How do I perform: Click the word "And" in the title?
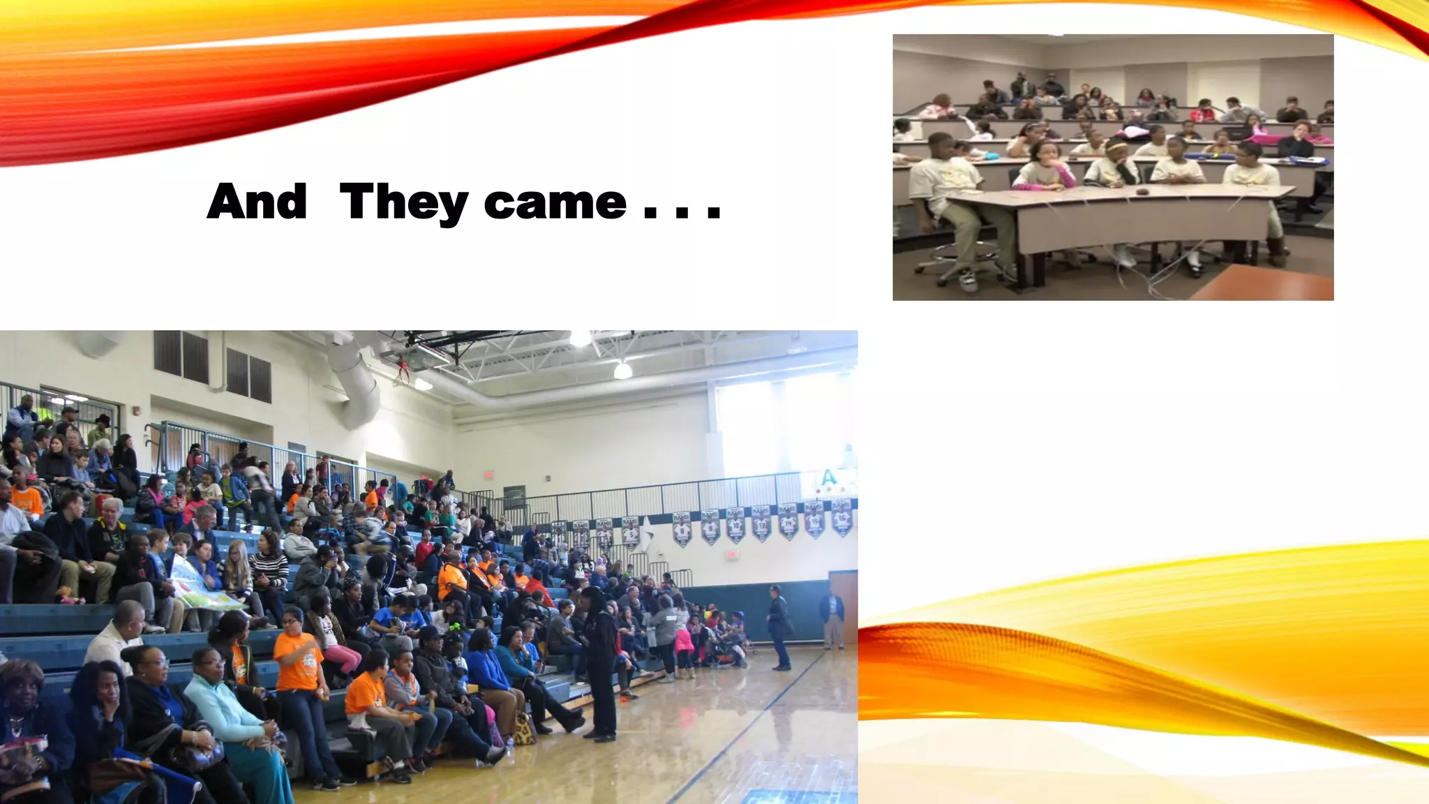click(x=257, y=202)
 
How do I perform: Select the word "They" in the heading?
click(x=403, y=203)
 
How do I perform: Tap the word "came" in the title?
click(x=555, y=202)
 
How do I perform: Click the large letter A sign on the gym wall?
click(x=828, y=478)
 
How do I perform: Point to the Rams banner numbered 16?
click(x=814, y=520)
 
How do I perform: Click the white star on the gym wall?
click(x=648, y=534)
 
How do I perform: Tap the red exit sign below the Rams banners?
click(x=731, y=554)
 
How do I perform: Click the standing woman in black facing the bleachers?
click(x=599, y=663)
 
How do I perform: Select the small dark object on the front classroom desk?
click(x=1143, y=191)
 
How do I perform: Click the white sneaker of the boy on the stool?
click(x=968, y=280)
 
